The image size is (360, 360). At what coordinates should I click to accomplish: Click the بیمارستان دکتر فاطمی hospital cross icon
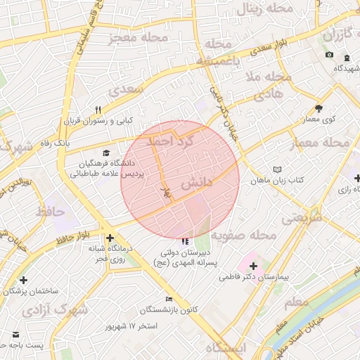pos(253,266)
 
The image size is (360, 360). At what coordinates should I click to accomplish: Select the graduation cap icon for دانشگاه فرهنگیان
pos(106,153)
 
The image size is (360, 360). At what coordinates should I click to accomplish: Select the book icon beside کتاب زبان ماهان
pos(278,169)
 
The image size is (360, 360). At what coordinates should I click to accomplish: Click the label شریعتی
pos(302,218)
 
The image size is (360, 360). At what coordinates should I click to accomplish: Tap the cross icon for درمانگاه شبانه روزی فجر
pos(110,238)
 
